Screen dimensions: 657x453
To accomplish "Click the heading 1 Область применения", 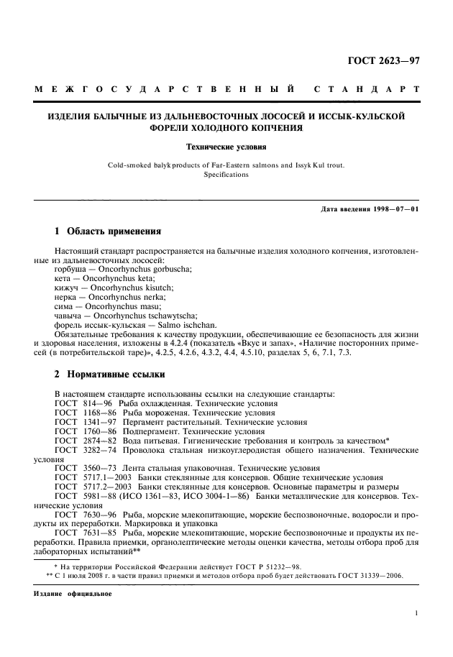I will coord(107,232).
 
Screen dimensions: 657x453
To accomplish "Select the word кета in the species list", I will coord(63,277).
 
